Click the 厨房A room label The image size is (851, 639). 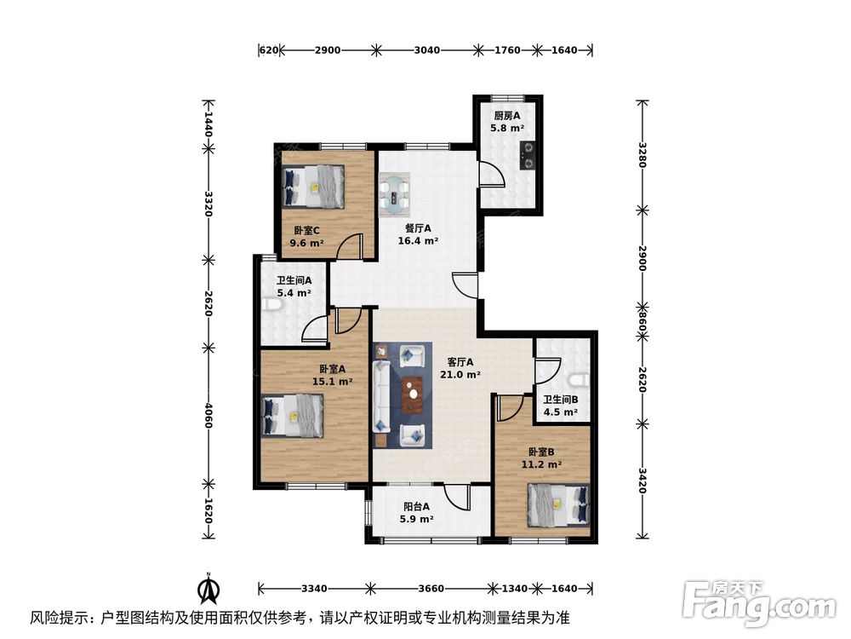[506, 116]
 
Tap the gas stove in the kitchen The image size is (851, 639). [528, 154]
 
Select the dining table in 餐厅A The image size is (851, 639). [394, 195]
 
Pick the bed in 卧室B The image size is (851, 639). [558, 504]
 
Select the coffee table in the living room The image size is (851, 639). [414, 396]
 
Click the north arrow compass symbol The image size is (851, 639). [207, 589]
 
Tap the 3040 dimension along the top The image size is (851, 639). [426, 50]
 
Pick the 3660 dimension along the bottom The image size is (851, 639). [430, 588]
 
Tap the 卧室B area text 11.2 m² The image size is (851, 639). [541, 464]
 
